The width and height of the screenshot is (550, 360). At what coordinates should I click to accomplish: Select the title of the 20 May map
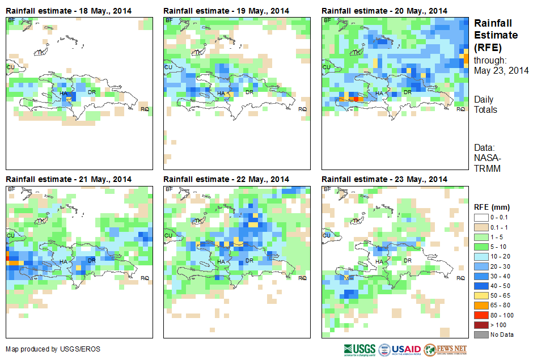384,11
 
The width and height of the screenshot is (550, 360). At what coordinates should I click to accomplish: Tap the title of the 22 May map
226,179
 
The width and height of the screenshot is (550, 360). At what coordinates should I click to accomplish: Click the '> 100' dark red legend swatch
480,325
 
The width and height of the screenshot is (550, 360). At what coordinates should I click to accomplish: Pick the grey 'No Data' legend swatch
480,334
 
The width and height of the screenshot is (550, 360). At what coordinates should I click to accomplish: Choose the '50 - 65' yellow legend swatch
480,296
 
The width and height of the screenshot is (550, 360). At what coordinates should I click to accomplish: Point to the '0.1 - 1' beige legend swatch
480,228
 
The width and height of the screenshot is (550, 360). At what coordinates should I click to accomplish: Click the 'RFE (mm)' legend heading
488,207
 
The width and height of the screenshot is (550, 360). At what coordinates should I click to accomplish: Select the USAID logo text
406,349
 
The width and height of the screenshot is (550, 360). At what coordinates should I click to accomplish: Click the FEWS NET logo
445,349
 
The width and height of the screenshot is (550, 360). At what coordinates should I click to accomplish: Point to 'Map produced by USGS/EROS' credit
53,349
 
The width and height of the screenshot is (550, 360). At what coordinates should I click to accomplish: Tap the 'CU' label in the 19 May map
168,67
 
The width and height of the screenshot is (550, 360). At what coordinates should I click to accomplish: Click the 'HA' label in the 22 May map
221,261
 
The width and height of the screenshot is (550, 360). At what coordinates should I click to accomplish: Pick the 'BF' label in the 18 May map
11,20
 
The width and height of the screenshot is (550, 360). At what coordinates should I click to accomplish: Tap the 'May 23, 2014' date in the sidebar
501,71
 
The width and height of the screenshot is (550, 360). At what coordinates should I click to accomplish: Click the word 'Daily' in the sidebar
484,100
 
